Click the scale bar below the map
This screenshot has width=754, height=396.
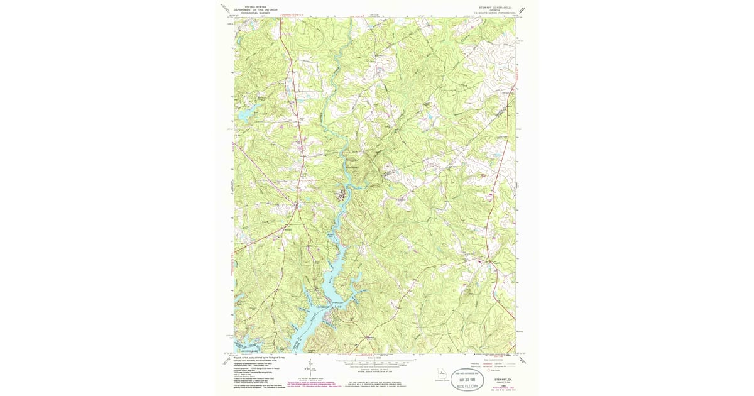pos(375,362)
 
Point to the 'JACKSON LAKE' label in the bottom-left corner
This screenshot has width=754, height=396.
pos(246,348)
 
